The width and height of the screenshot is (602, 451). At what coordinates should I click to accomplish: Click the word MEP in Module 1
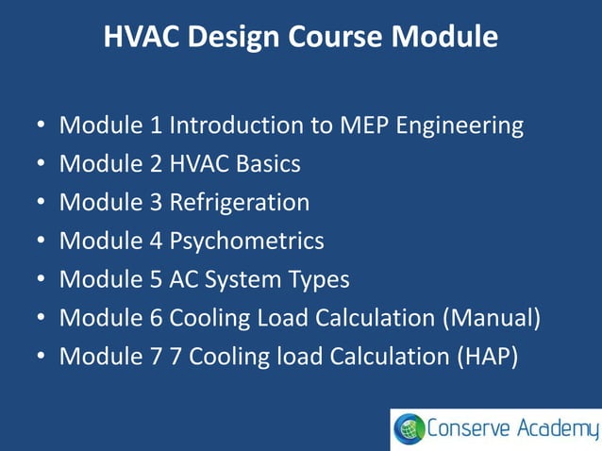pos(360,125)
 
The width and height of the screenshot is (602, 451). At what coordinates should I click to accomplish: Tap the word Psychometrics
pos(247,242)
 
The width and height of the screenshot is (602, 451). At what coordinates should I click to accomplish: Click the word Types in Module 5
pos(318,280)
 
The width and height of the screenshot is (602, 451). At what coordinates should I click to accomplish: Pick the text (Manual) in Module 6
pos(491,319)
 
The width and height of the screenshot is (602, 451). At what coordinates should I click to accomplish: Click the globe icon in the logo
pos(410,429)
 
